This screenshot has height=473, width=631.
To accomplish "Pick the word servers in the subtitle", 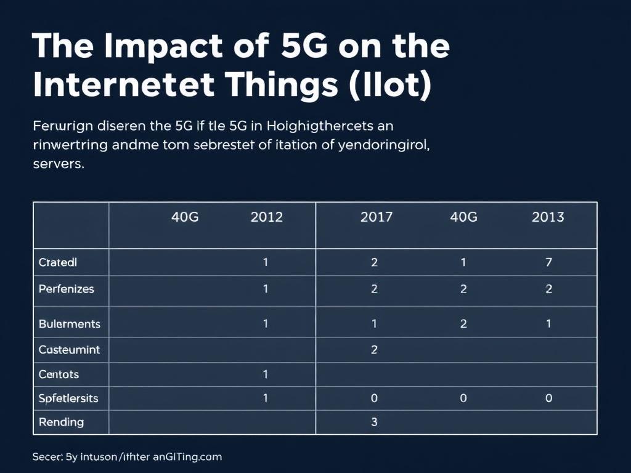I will (57, 166).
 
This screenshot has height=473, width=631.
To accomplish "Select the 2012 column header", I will (266, 217).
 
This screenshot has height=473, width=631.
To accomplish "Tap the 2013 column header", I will (547, 217).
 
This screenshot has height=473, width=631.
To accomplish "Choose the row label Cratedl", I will (58, 262).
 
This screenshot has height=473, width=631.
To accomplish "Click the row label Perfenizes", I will (66, 288).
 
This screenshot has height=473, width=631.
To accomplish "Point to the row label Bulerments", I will (69, 323).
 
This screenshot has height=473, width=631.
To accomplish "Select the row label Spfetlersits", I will (68, 398).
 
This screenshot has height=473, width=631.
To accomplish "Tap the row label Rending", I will (61, 422).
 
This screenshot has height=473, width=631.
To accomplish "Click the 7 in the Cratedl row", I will (548, 262).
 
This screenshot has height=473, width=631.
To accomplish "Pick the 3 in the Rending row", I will (374, 422).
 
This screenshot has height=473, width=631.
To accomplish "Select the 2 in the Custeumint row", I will (374, 349).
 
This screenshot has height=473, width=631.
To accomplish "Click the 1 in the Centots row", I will (266, 374).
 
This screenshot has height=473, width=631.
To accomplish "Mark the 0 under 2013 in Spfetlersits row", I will (548, 398).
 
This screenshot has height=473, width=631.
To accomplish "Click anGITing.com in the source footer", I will (186, 457).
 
